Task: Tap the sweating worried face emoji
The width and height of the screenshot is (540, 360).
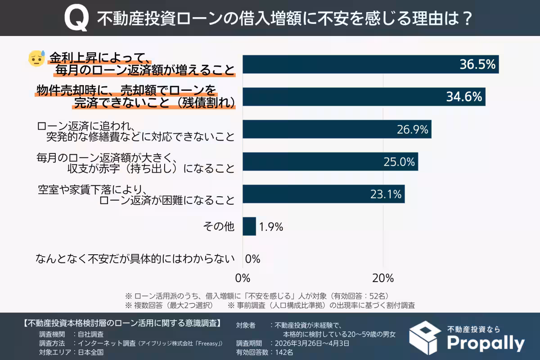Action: (x=36, y=58)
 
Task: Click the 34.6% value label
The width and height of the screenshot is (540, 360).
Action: (x=464, y=97)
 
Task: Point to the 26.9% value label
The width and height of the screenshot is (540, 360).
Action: (x=411, y=130)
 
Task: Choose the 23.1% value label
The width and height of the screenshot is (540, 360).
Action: (x=385, y=194)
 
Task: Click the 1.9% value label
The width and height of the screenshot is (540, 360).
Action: (x=271, y=227)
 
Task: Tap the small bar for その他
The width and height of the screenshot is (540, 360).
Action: (x=249, y=226)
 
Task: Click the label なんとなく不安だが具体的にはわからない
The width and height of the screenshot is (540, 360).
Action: (x=135, y=259)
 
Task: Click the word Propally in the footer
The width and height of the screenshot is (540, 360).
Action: (x=486, y=343)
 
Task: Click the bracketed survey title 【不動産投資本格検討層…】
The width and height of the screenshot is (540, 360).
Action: (x=121, y=323)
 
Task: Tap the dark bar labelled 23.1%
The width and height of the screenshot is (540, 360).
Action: (x=324, y=194)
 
